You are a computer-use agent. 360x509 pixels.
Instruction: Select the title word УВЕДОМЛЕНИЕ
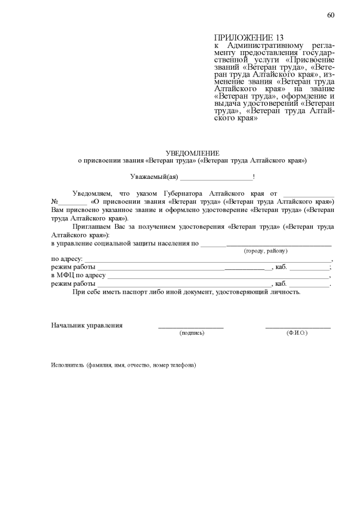[x=192, y=153]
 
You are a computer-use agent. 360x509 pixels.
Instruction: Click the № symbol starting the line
[x=55, y=201]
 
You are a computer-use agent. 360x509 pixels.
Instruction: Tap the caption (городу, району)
[x=265, y=251]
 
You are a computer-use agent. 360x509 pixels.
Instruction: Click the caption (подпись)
[x=192, y=334]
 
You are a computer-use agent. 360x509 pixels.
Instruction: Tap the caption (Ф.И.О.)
[x=297, y=334]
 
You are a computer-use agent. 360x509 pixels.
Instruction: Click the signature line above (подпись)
[x=191, y=327]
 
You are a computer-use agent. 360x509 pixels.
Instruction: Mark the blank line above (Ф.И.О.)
[x=298, y=327]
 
